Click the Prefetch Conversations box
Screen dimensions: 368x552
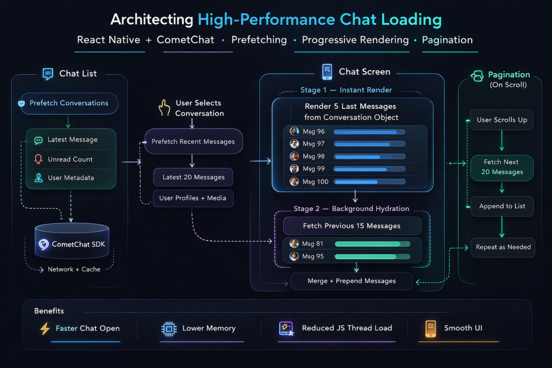[68, 103]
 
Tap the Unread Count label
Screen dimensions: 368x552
[70, 159]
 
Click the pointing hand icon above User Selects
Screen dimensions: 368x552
[164, 108]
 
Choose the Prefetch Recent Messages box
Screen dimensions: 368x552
[193, 141]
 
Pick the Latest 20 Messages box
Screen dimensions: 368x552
[193, 177]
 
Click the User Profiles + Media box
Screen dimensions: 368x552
[193, 198]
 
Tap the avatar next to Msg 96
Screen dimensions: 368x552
[294, 132]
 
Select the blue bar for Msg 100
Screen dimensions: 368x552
[369, 182]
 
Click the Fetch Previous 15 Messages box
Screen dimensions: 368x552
[352, 226]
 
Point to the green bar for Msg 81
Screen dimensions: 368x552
[372, 244]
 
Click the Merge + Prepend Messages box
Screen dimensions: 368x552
[351, 281]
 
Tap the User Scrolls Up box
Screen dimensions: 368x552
[501, 120]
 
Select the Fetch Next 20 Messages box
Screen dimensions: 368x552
[501, 167]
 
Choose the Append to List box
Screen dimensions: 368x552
[501, 206]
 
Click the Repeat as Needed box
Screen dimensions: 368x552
[503, 247]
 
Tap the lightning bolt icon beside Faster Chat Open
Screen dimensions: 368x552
[45, 328]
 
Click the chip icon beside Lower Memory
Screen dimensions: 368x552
[169, 328]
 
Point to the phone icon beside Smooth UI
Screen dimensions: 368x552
[430, 328]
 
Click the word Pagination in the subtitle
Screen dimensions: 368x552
[447, 40]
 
